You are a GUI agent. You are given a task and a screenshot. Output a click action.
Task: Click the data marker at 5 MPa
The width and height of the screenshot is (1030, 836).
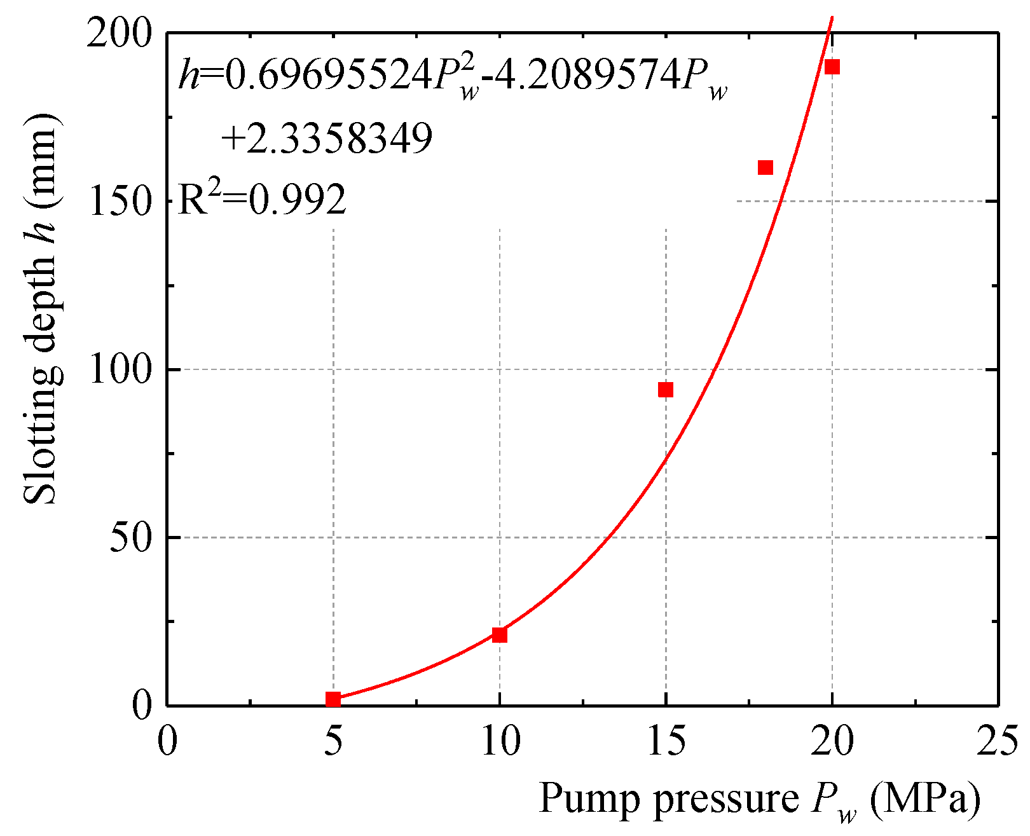coord(333,699)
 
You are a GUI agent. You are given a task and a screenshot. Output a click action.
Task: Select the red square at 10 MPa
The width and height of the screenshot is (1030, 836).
coord(500,634)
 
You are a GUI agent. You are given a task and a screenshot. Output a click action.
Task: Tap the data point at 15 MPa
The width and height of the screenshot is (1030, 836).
coord(666,390)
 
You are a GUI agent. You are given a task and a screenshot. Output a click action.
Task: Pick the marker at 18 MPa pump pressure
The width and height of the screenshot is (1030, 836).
coord(766,167)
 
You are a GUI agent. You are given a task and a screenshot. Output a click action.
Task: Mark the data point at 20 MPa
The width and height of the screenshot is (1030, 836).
coord(832,67)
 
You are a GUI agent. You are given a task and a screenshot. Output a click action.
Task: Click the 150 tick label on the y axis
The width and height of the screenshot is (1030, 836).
coord(120,202)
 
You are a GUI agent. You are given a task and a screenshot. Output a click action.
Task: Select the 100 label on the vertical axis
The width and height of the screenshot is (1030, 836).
coord(120,369)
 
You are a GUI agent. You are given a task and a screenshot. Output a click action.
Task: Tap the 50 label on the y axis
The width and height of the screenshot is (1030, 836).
coord(130,538)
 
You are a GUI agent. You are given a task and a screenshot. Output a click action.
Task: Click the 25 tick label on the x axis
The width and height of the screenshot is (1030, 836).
coord(998,741)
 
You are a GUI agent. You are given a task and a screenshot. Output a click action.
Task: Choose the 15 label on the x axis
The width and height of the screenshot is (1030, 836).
coord(666,741)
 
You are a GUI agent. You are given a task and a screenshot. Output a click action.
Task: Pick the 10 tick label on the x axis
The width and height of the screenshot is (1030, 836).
coord(500,741)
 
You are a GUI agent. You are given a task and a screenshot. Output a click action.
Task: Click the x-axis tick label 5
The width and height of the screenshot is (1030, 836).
coord(333,741)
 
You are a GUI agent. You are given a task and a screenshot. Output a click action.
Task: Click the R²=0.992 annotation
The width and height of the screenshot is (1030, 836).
coord(262,200)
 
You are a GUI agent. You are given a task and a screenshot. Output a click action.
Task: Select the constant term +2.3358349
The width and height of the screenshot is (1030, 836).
coord(327,138)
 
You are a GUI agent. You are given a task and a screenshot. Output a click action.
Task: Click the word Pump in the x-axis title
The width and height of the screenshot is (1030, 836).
coord(592,799)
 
